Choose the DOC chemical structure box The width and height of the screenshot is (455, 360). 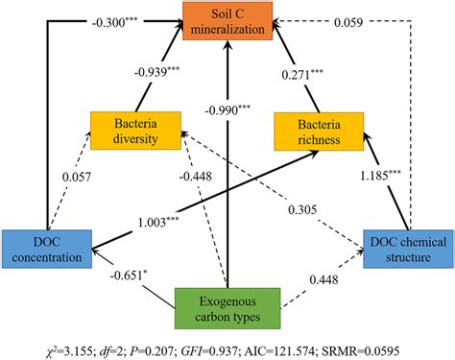407,248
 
